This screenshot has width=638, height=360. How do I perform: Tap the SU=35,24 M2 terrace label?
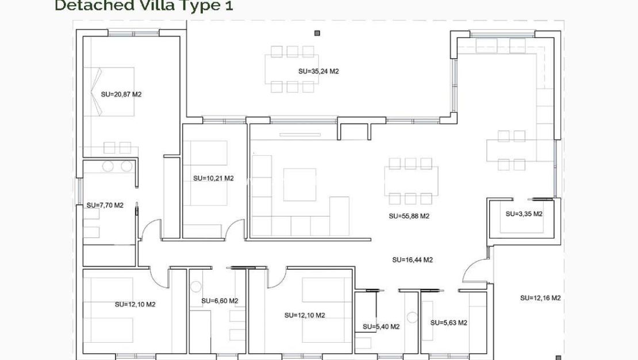(x=318, y=72)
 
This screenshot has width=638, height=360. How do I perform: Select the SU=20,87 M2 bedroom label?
(x=121, y=94)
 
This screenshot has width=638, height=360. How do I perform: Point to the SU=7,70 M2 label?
(x=105, y=205)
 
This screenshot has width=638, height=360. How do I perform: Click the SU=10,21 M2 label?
(x=213, y=178)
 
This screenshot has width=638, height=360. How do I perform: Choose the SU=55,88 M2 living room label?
(x=409, y=216)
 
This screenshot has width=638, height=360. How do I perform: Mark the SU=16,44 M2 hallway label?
(x=412, y=260)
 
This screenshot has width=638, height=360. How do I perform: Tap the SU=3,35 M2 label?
(x=524, y=213)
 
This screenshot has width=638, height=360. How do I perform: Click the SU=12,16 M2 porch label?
(x=540, y=298)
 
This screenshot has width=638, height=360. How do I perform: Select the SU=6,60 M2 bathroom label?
(x=220, y=301)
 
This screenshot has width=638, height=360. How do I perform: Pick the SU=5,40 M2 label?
(x=381, y=327)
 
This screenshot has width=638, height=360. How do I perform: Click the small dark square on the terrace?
(x=316, y=33)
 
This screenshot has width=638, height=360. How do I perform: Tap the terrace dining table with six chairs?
(x=292, y=69)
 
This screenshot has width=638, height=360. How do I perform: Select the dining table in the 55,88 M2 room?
(x=410, y=181)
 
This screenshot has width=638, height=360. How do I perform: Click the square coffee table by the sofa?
(x=299, y=184)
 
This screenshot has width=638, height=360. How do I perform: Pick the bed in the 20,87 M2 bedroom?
(x=109, y=92)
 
